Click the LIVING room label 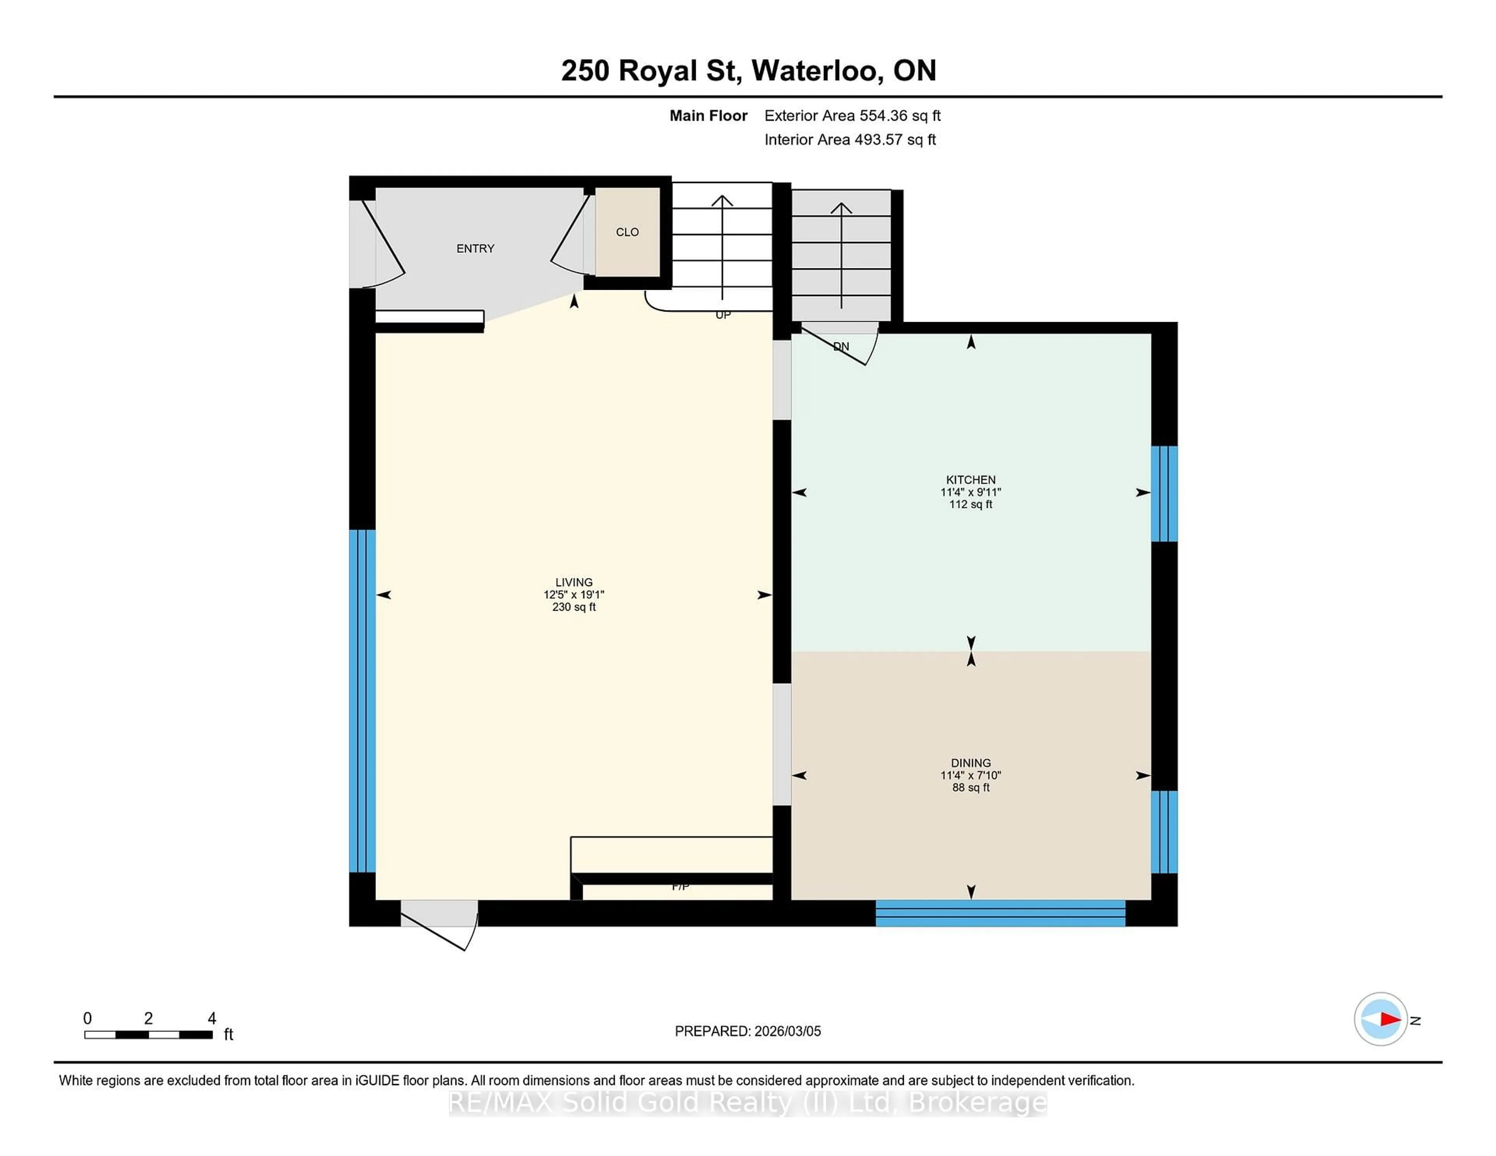[573, 582]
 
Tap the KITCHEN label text [970, 479]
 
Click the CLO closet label [627, 232]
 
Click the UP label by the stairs [723, 315]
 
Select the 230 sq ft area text [573, 607]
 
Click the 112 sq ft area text [970, 504]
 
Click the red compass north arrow [1389, 1019]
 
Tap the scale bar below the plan [148, 1034]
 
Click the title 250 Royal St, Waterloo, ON [748, 70]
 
